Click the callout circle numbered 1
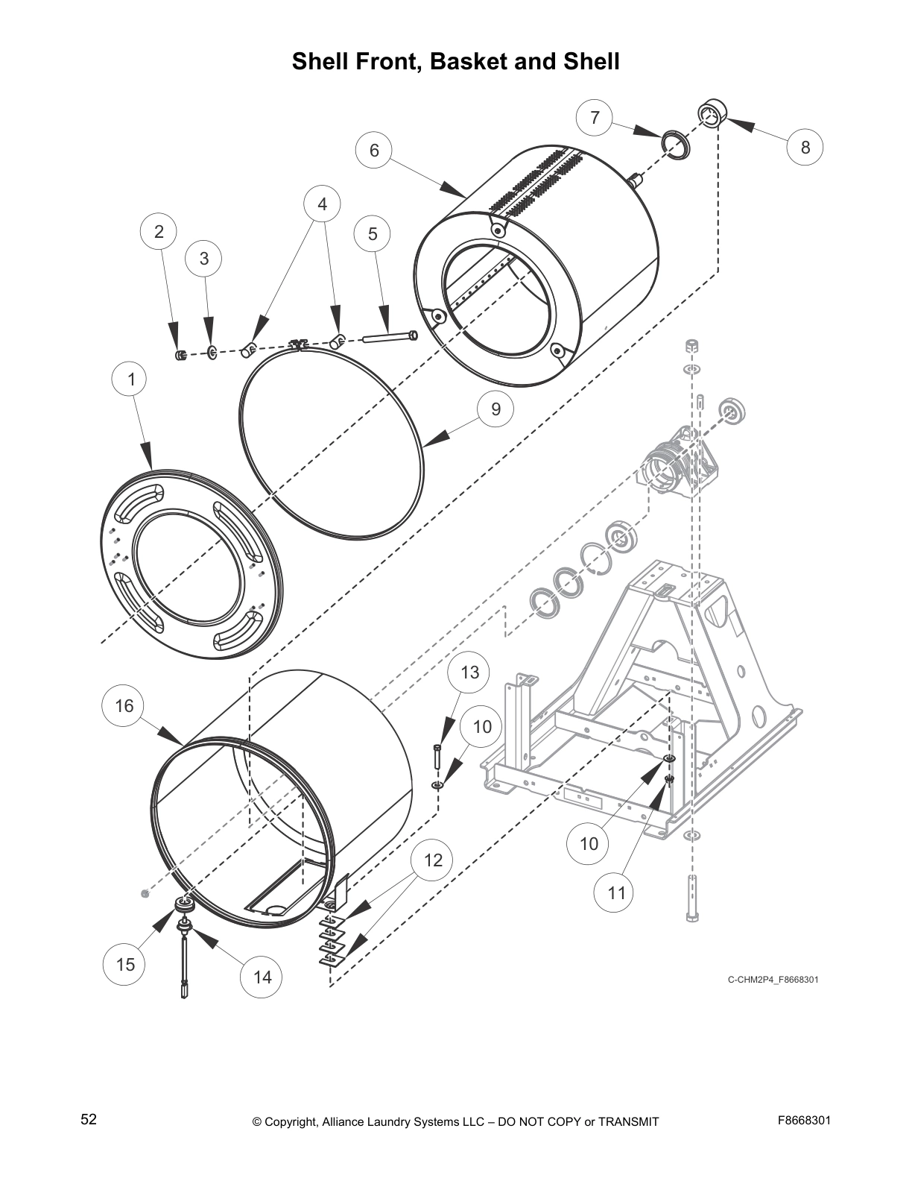click(132, 380)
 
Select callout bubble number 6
click(374, 151)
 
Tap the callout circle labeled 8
click(805, 147)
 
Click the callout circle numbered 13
click(469, 673)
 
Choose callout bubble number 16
click(124, 705)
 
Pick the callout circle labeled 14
click(262, 977)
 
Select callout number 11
click(616, 892)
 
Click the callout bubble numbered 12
click(433, 860)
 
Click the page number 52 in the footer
click(89, 1119)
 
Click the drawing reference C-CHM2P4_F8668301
click(773, 979)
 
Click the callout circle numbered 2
click(159, 231)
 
